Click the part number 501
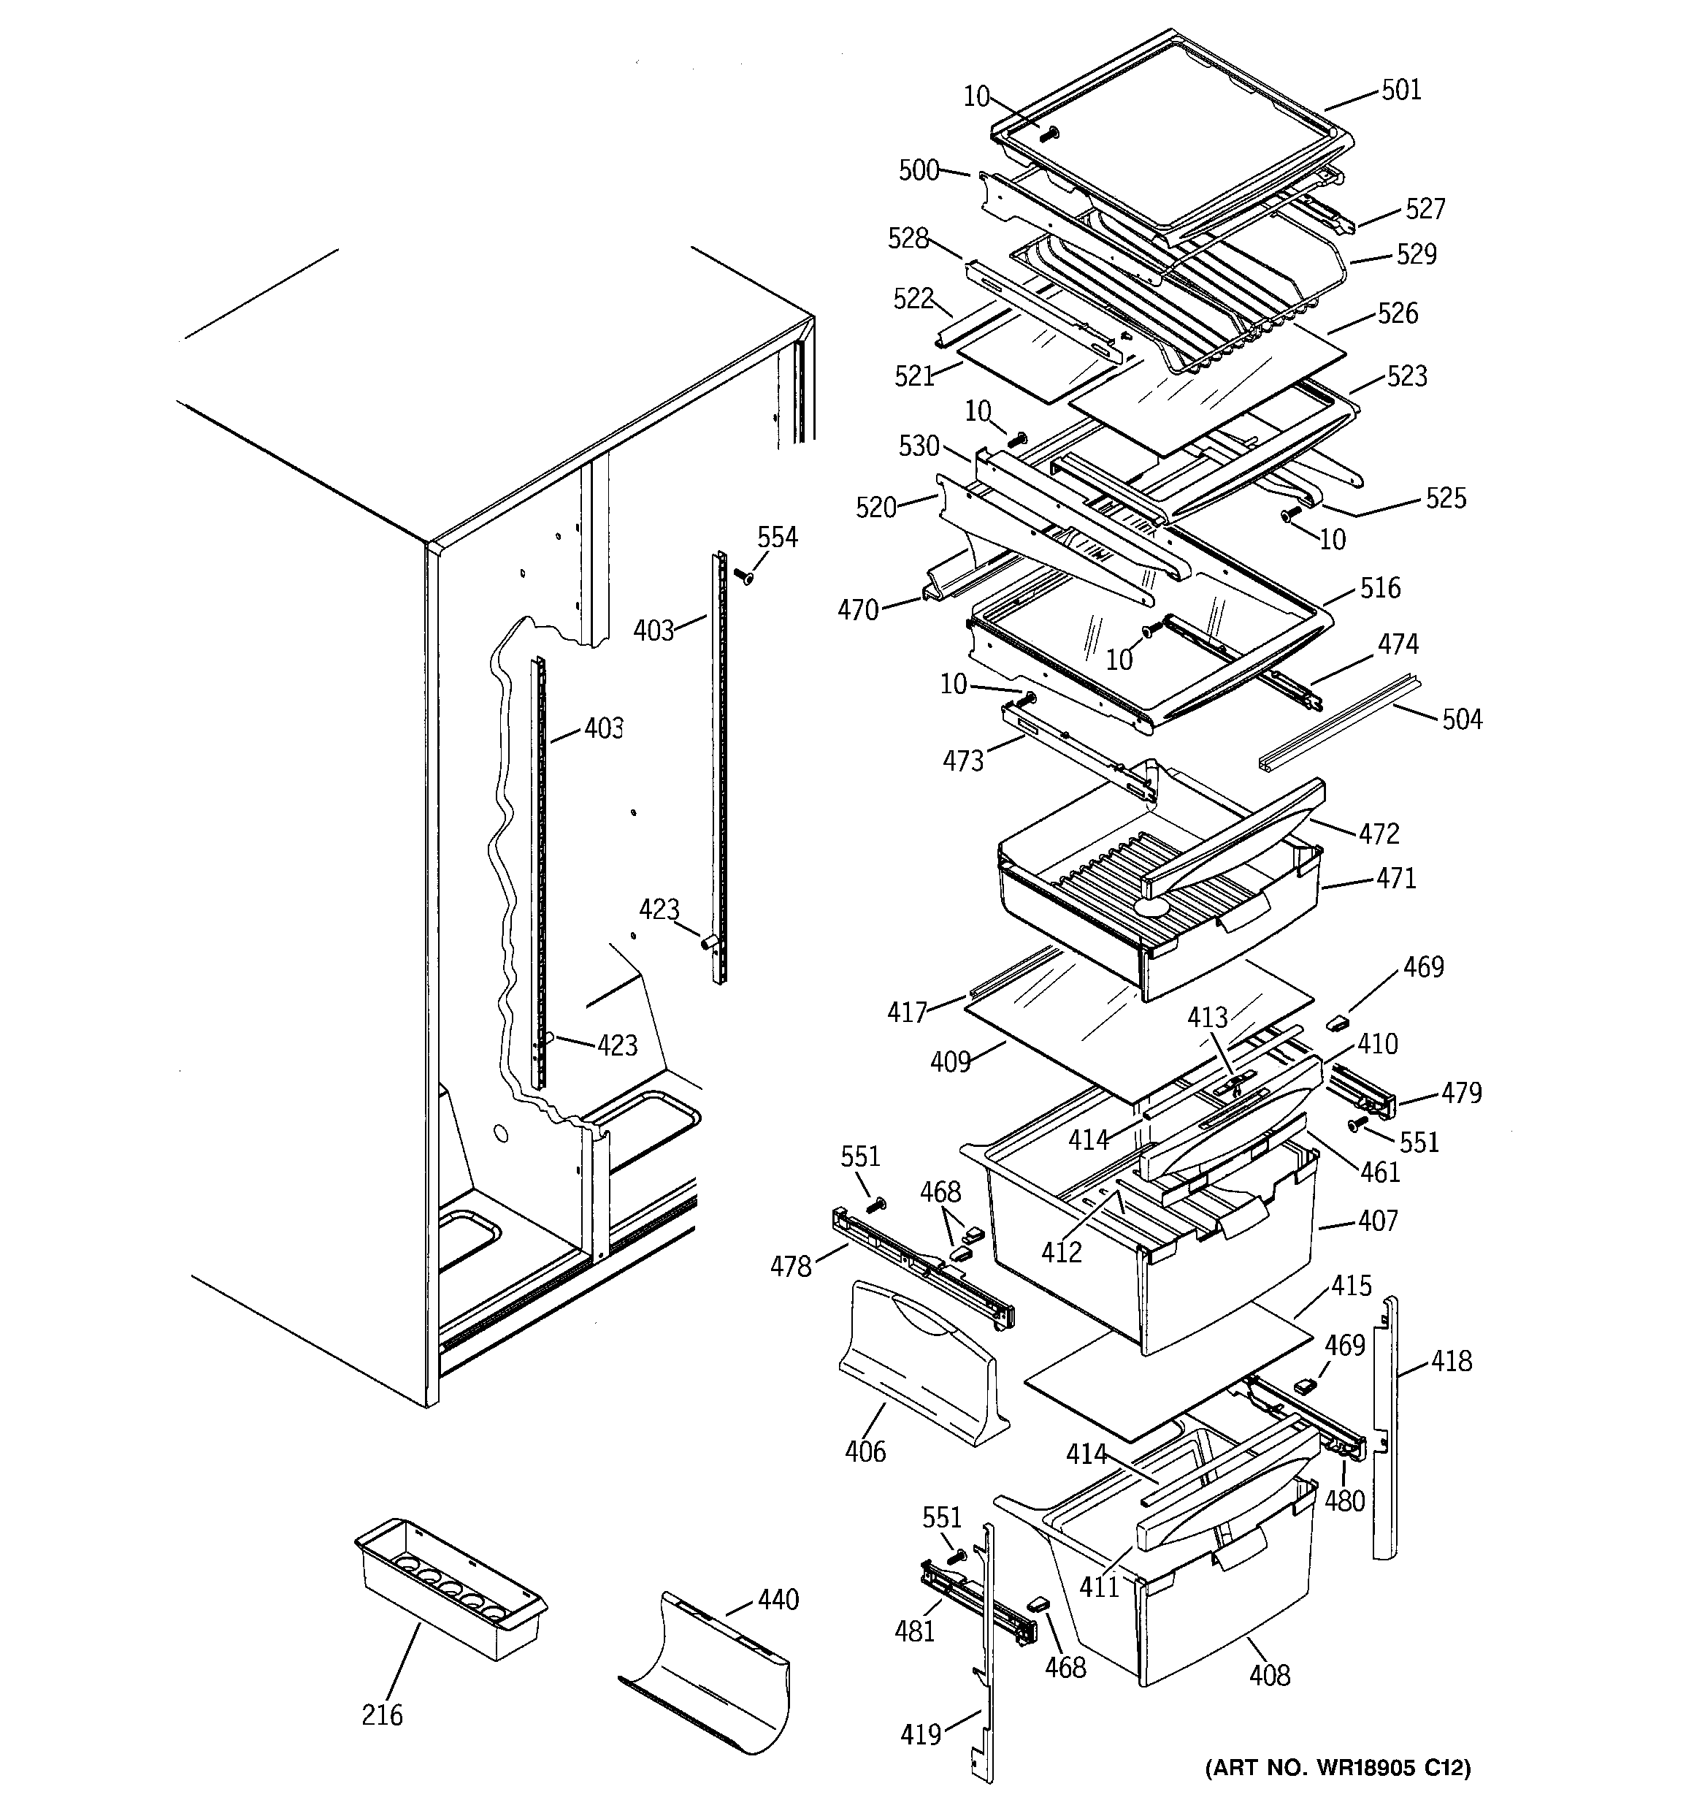click(x=1401, y=90)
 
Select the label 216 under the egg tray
click(x=382, y=1715)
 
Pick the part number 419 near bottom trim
click(x=920, y=1735)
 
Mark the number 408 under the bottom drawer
click(x=1269, y=1675)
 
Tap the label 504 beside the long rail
click(x=1462, y=720)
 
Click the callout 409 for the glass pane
click(x=951, y=1062)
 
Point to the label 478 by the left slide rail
click(x=790, y=1267)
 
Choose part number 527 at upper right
click(x=1425, y=209)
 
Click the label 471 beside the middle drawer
click(x=1396, y=879)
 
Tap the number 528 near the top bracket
click(x=908, y=239)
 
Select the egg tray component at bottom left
click(x=451, y=1587)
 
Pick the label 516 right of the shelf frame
click(x=1380, y=588)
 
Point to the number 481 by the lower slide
click(x=915, y=1631)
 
